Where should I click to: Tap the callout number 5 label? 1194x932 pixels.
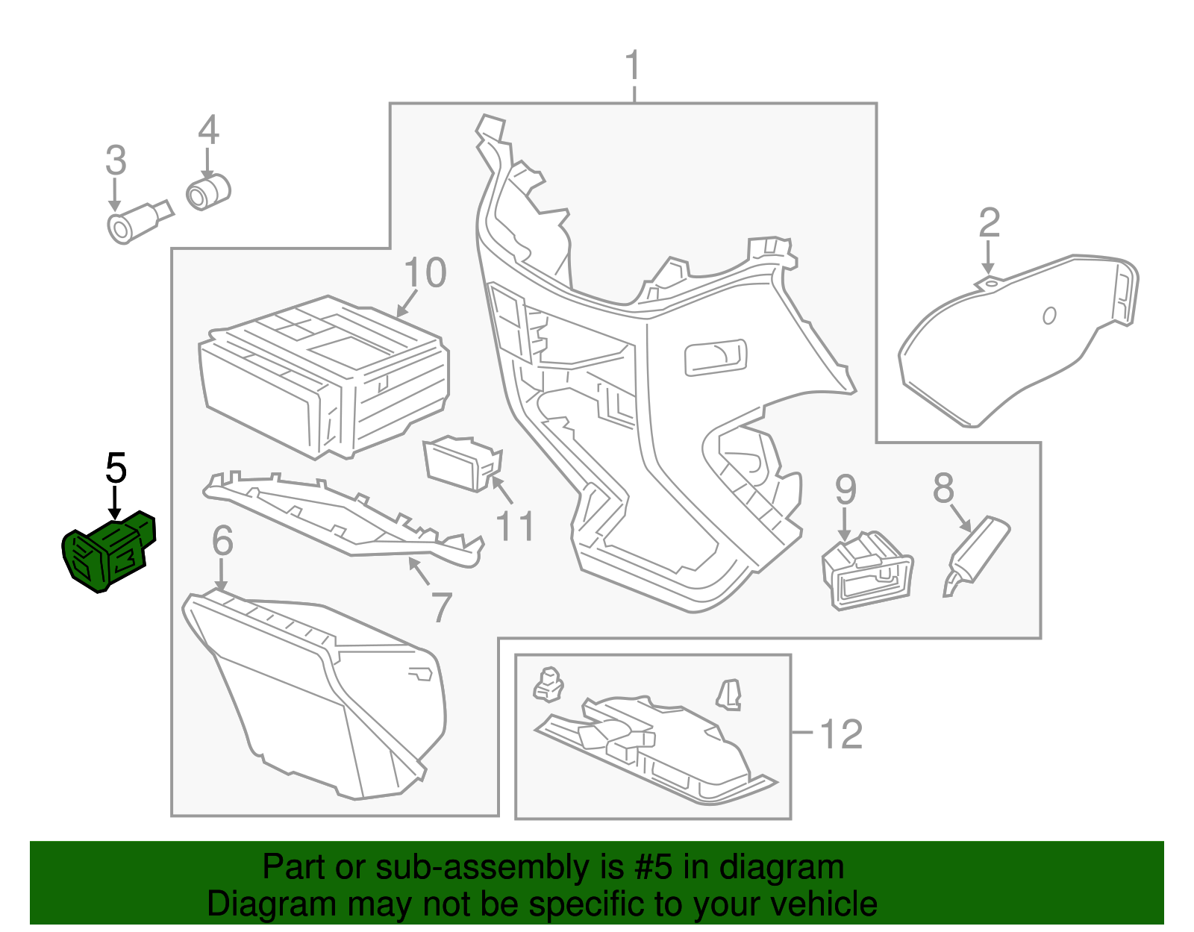116,469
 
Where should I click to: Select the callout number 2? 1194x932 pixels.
989,223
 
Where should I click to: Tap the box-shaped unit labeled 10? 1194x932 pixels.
325,377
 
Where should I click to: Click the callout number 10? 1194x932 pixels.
425,273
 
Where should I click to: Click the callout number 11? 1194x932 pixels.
515,527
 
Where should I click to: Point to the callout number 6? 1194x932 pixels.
222,541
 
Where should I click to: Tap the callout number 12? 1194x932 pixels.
841,734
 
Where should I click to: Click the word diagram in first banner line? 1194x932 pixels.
781,868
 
